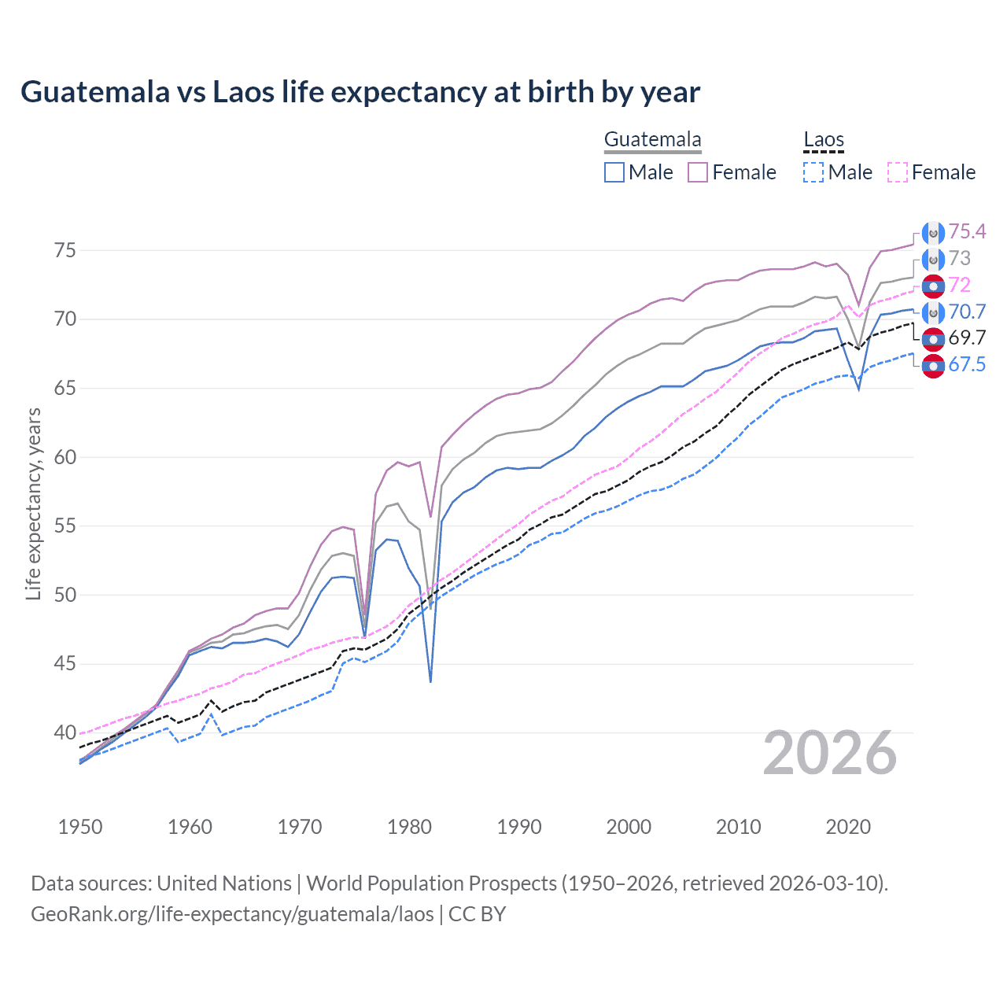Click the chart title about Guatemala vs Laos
[360, 92]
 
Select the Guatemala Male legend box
[614, 172]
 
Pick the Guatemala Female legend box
[698, 172]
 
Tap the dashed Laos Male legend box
[813, 172]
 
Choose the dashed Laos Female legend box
[898, 172]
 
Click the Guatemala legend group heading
[652, 140]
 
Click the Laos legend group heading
[824, 140]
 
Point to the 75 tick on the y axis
[65, 250]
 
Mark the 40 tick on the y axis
[65, 732]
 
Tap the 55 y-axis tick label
[65, 526]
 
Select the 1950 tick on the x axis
[80, 827]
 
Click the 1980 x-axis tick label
[409, 827]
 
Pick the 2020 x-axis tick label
[848, 827]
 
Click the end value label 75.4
[967, 231]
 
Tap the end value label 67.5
[967, 364]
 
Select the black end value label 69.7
[967, 338]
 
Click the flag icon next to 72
[933, 286]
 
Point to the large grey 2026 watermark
[830, 753]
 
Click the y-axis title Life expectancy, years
[34, 503]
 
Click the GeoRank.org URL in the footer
[232, 914]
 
